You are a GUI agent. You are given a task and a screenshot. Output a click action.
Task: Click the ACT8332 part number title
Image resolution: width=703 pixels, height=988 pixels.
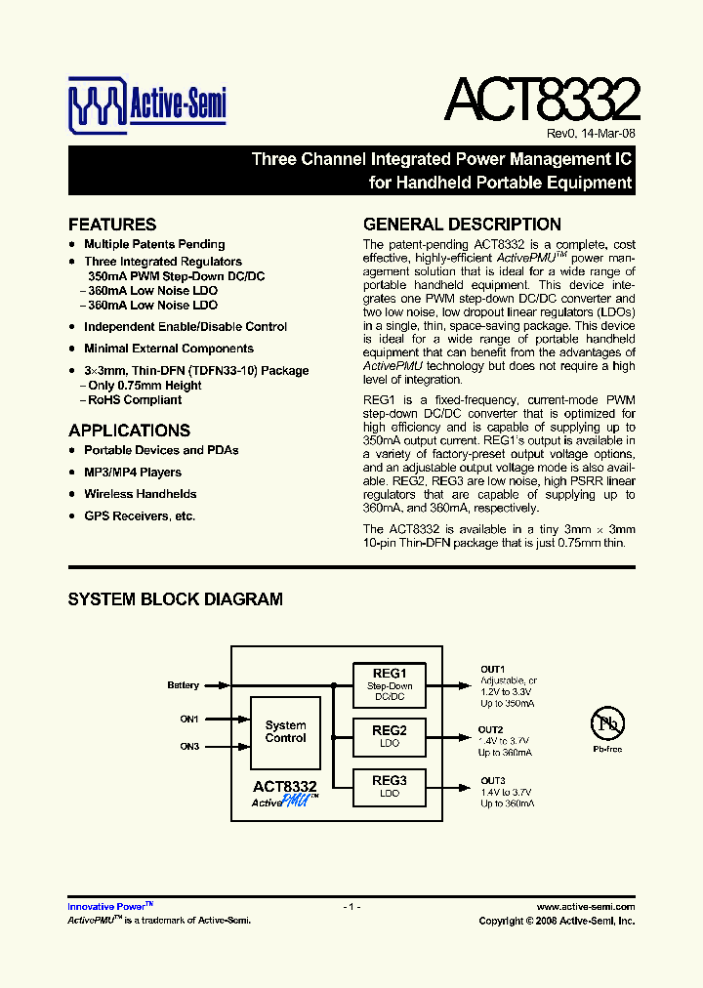click(x=541, y=100)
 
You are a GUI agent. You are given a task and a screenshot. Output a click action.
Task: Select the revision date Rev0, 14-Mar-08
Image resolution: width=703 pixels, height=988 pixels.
click(x=590, y=134)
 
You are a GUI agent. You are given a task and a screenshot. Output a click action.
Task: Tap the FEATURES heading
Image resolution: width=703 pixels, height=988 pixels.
click(x=112, y=225)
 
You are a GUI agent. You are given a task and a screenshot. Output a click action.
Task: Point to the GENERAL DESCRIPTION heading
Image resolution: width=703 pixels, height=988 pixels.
click(x=462, y=225)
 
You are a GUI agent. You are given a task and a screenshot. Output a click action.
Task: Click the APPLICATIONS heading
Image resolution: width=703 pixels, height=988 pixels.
click(x=129, y=431)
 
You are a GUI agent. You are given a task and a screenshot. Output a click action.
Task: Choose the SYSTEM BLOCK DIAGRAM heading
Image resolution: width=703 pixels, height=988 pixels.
click(x=175, y=599)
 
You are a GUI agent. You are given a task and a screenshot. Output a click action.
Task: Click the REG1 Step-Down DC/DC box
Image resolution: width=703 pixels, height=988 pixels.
click(x=390, y=684)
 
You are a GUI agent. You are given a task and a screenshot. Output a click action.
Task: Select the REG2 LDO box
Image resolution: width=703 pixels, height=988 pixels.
click(x=390, y=736)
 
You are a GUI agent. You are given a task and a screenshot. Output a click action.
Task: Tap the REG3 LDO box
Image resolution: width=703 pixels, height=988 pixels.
click(x=390, y=786)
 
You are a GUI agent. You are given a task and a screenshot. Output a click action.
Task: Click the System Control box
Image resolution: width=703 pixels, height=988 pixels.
click(x=285, y=732)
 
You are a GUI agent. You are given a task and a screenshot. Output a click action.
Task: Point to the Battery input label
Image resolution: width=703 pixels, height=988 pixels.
click(x=183, y=685)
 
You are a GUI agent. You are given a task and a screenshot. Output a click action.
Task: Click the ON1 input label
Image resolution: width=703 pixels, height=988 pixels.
click(x=189, y=720)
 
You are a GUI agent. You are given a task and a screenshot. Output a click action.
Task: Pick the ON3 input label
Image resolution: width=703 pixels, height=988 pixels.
click(x=189, y=747)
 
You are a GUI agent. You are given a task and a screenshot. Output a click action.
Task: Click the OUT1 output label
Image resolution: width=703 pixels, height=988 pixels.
click(x=492, y=669)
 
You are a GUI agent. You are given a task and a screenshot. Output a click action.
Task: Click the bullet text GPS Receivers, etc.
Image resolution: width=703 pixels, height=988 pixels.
click(x=140, y=515)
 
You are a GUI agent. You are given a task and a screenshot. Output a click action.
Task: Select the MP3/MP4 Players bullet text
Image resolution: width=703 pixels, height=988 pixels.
click(x=133, y=473)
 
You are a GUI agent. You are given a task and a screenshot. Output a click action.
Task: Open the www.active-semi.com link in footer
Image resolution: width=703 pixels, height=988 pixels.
click(x=586, y=907)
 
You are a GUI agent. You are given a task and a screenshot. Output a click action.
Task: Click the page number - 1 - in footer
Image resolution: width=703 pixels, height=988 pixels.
click(x=351, y=907)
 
